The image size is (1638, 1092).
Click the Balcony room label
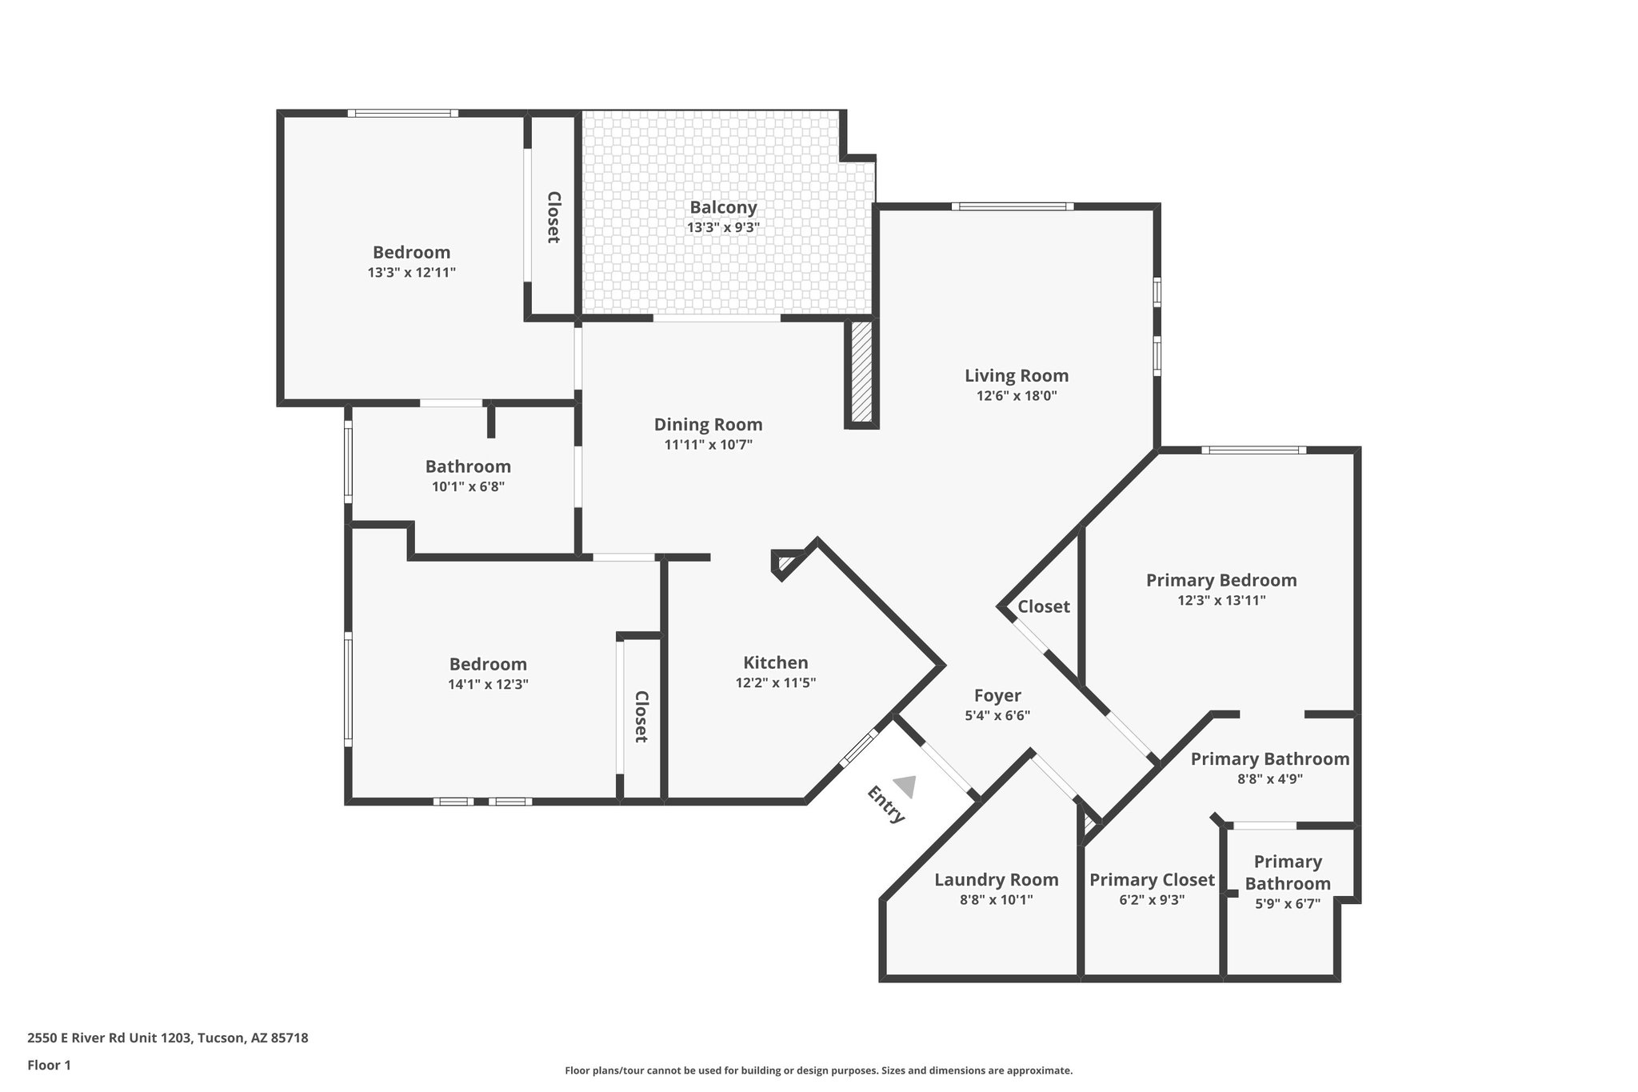(723, 207)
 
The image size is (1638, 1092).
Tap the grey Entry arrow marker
(905, 786)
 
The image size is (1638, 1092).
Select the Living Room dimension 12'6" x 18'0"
(1017, 395)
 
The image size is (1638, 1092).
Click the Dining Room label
(708, 425)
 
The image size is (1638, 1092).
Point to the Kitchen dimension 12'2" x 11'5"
(775, 683)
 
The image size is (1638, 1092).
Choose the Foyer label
(997, 695)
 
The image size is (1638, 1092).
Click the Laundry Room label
(996, 880)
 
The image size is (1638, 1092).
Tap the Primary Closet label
(1152, 880)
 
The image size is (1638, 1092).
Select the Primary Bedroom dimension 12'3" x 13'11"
(1221, 600)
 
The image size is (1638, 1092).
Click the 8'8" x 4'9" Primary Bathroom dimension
(1269, 778)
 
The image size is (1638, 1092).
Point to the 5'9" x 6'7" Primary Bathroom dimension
(1287, 904)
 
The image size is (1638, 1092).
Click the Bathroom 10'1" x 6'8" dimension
(468, 486)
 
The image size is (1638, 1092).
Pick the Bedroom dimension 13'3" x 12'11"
(411, 272)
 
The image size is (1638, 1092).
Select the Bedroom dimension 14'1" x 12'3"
(488, 684)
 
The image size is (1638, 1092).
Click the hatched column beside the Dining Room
(861, 372)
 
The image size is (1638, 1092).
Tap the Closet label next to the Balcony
(553, 217)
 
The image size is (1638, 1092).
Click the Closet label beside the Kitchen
(641, 717)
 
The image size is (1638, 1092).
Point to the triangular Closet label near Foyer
(1043, 606)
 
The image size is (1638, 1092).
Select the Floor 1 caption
(49, 1065)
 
